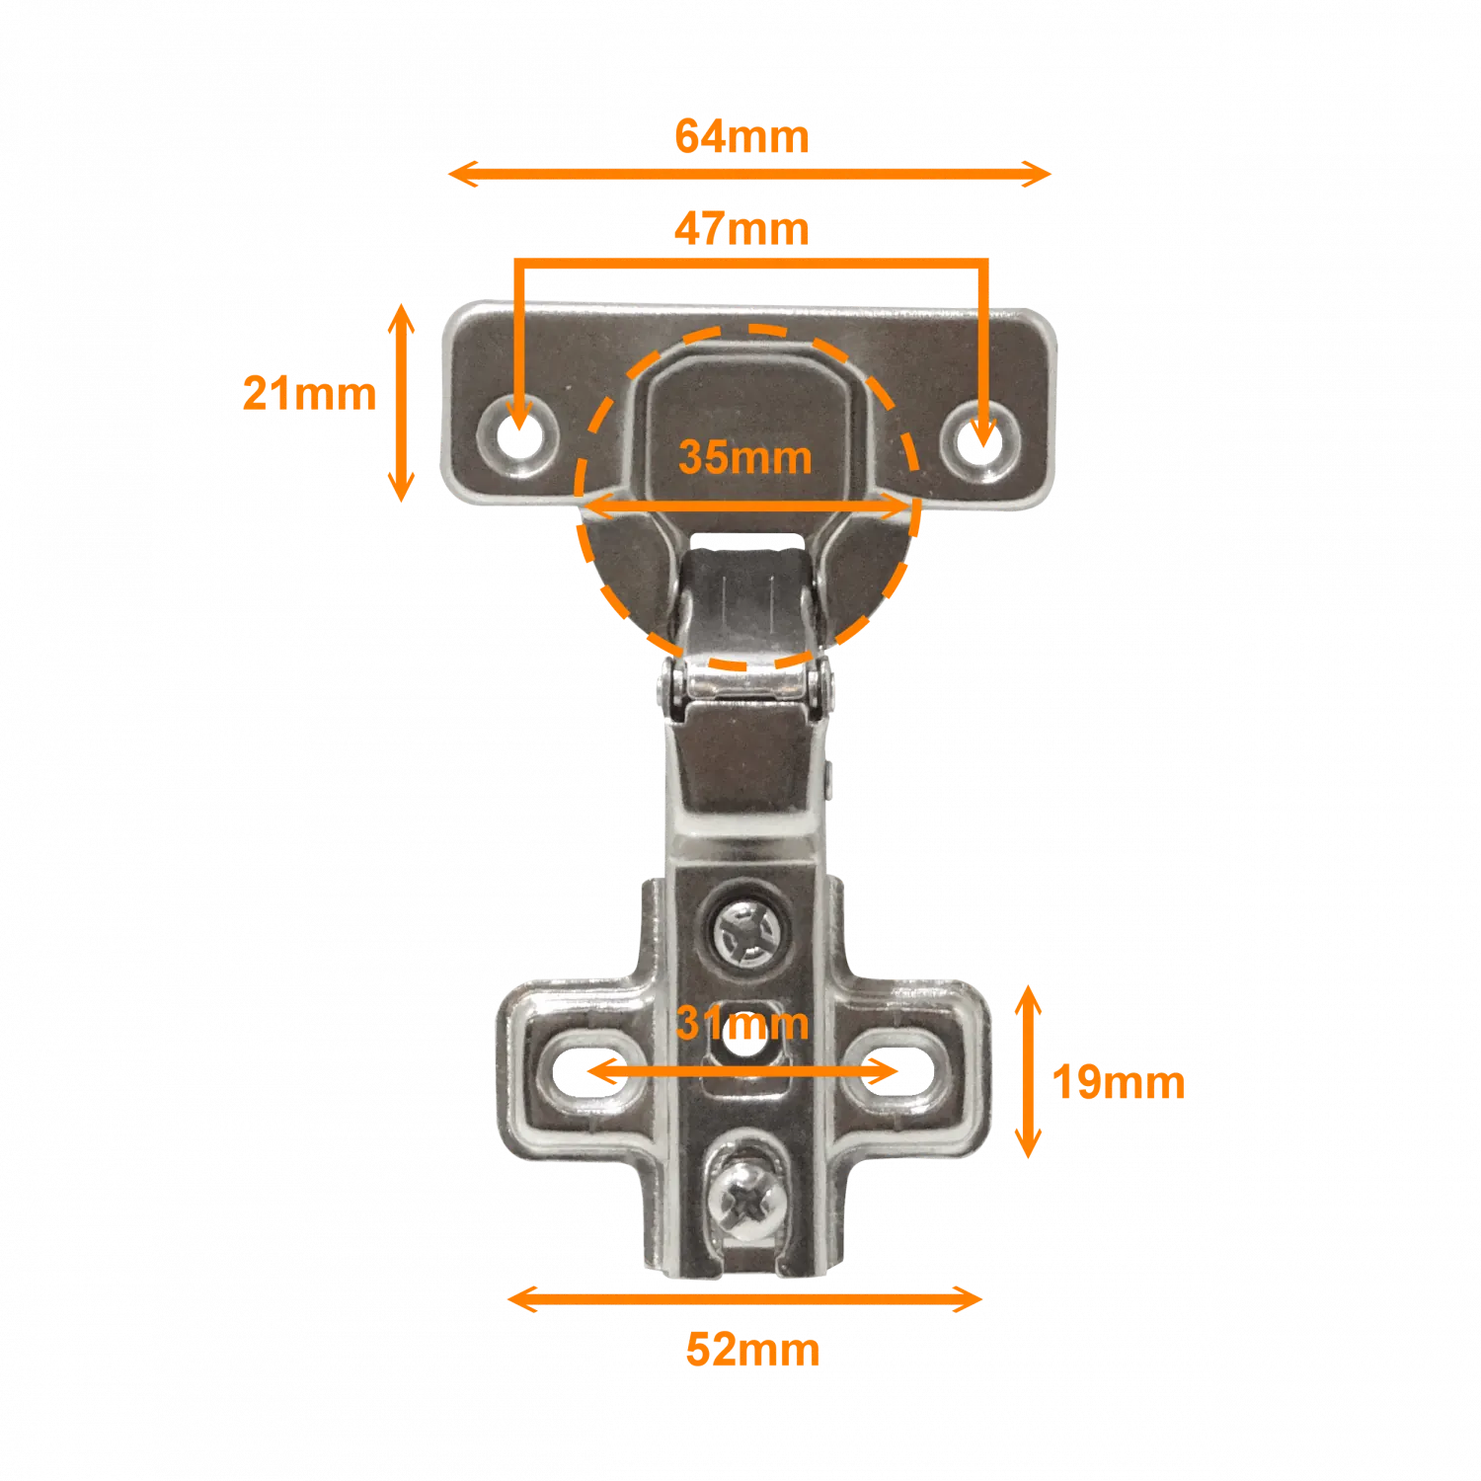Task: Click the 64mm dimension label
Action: pyautogui.click(x=741, y=136)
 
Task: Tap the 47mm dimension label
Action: pyautogui.click(x=741, y=229)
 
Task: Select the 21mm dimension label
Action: pyautogui.click(x=309, y=393)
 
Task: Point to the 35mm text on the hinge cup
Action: pyautogui.click(x=745, y=457)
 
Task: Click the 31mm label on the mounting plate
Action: pyautogui.click(x=742, y=1023)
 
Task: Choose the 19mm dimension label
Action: pyautogui.click(x=1119, y=1082)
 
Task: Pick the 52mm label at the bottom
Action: pyautogui.click(x=752, y=1350)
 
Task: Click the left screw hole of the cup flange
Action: pyautogui.click(x=518, y=434)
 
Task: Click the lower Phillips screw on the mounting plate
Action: pyautogui.click(x=747, y=1202)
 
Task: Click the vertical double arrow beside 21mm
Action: pyautogui.click(x=400, y=403)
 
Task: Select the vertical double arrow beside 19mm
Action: pyautogui.click(x=1028, y=1071)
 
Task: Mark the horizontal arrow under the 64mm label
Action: pyautogui.click(x=749, y=174)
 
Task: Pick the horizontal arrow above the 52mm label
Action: pyautogui.click(x=744, y=1298)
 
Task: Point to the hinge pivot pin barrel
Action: pyautogui.click(x=746, y=682)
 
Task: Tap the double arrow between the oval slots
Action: pyautogui.click(x=742, y=1070)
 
